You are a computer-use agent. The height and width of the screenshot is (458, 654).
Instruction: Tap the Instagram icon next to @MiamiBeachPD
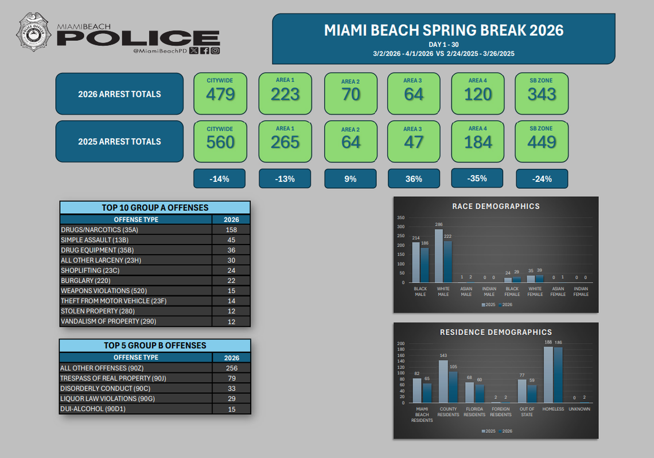(215, 51)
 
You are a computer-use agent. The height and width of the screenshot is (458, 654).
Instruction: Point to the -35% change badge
(477, 178)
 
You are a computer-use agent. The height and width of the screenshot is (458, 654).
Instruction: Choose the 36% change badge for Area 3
(414, 178)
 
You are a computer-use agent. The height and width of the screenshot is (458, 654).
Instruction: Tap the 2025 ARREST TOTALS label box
(119, 141)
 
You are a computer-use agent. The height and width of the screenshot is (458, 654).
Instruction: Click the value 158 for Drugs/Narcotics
(231, 230)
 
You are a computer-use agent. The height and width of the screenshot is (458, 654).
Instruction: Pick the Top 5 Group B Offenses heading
(155, 346)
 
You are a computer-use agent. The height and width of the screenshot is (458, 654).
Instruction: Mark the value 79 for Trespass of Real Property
(231, 378)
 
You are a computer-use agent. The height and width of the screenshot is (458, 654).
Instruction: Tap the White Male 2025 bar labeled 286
(439, 255)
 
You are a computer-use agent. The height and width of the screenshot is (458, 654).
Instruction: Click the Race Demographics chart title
(496, 206)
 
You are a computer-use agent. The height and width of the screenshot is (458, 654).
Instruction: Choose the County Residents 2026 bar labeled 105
(453, 387)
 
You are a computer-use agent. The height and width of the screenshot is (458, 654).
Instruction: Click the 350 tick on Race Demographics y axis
(400, 218)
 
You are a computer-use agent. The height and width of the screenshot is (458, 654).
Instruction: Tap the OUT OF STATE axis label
(527, 412)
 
